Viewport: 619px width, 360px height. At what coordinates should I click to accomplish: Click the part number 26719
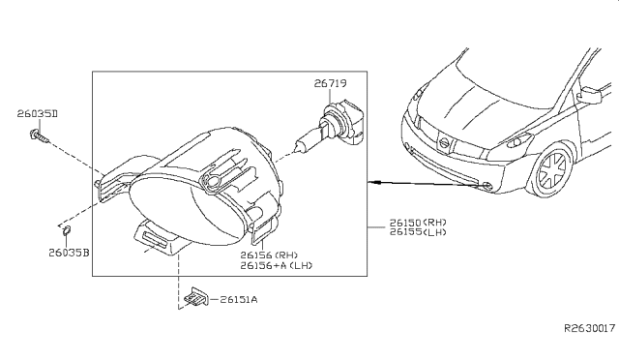331,83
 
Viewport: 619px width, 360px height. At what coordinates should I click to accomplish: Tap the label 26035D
37,114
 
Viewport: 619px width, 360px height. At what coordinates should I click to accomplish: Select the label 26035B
69,253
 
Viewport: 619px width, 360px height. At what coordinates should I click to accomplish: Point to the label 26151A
239,300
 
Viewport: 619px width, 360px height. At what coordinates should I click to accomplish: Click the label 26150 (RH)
418,223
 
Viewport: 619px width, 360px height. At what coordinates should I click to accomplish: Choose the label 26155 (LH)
418,232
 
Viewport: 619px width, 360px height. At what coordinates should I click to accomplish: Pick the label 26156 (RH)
269,255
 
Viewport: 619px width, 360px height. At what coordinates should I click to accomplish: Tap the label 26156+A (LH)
277,265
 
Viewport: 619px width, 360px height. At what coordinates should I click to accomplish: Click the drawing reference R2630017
589,328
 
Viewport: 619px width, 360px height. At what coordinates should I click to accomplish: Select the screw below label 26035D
40,136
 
